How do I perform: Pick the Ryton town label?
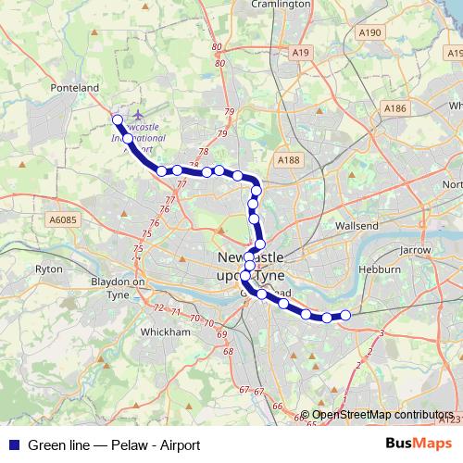point(48,269)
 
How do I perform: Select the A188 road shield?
point(289,160)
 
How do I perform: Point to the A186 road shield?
point(395,108)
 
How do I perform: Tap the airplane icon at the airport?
point(139,116)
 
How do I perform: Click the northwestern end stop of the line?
point(118,119)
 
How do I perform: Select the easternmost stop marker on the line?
point(346,315)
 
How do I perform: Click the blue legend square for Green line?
point(11,444)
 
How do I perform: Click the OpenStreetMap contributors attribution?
point(382,416)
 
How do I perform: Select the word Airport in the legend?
point(179,445)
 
